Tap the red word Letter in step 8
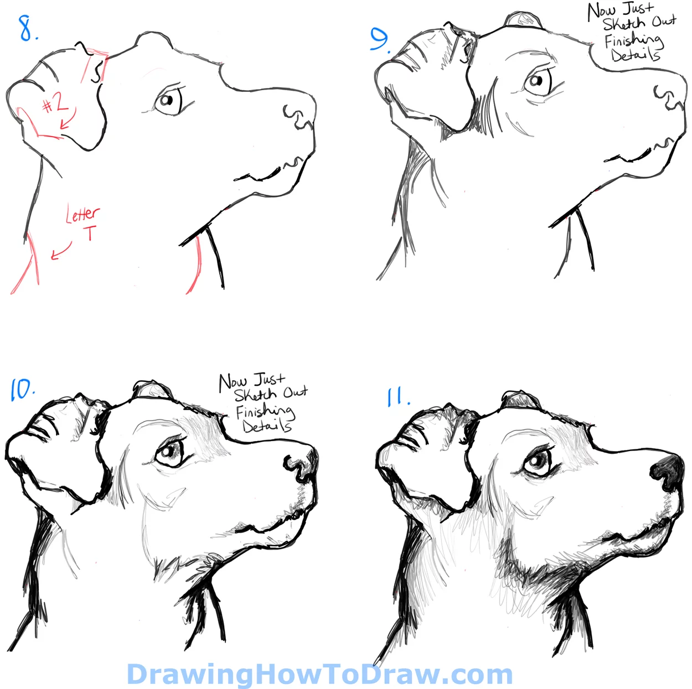(x=82, y=214)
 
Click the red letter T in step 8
(x=90, y=233)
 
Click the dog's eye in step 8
(x=167, y=101)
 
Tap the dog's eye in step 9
(x=538, y=81)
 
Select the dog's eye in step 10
(x=170, y=453)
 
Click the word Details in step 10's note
(x=266, y=426)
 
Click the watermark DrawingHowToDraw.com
(x=319, y=674)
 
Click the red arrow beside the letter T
(x=61, y=251)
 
